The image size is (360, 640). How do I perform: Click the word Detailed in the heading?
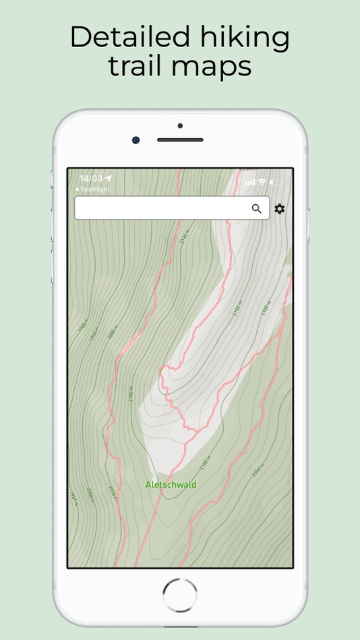pyautogui.click(x=127, y=38)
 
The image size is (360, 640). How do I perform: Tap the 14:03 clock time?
pyautogui.click(x=90, y=179)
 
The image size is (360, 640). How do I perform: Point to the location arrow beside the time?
pyautogui.click(x=109, y=179)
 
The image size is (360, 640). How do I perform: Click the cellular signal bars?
pyautogui.click(x=250, y=182)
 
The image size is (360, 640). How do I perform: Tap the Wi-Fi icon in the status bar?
pyautogui.click(x=262, y=182)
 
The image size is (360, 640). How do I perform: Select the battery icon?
pyautogui.click(x=276, y=182)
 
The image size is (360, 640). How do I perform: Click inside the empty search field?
pyautogui.click(x=162, y=208)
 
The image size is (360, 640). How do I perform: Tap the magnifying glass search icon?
pyautogui.click(x=256, y=209)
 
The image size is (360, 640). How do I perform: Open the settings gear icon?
pyautogui.click(x=279, y=209)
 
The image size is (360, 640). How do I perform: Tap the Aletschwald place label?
pyautogui.click(x=171, y=484)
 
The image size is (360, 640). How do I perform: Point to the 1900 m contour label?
pyautogui.click(x=82, y=328)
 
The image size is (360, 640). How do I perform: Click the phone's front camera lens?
pyautogui.click(x=136, y=140)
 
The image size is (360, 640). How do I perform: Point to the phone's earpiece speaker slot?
pyautogui.click(x=180, y=140)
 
